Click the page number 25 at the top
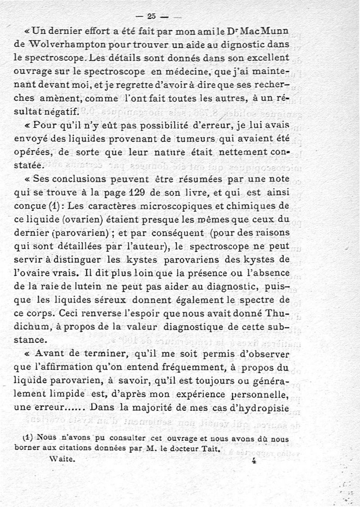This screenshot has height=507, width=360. (x=151, y=16)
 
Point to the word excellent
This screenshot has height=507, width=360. (x=265, y=58)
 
